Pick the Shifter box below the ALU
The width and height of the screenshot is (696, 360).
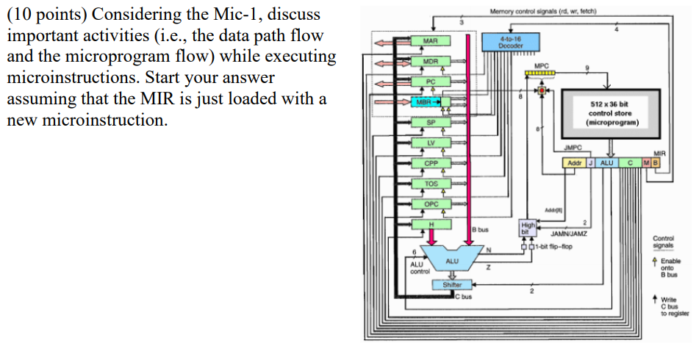[452, 284]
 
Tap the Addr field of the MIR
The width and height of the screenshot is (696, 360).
[573, 162]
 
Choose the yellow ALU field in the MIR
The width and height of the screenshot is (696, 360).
[607, 162]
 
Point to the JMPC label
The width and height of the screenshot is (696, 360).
[573, 148]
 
